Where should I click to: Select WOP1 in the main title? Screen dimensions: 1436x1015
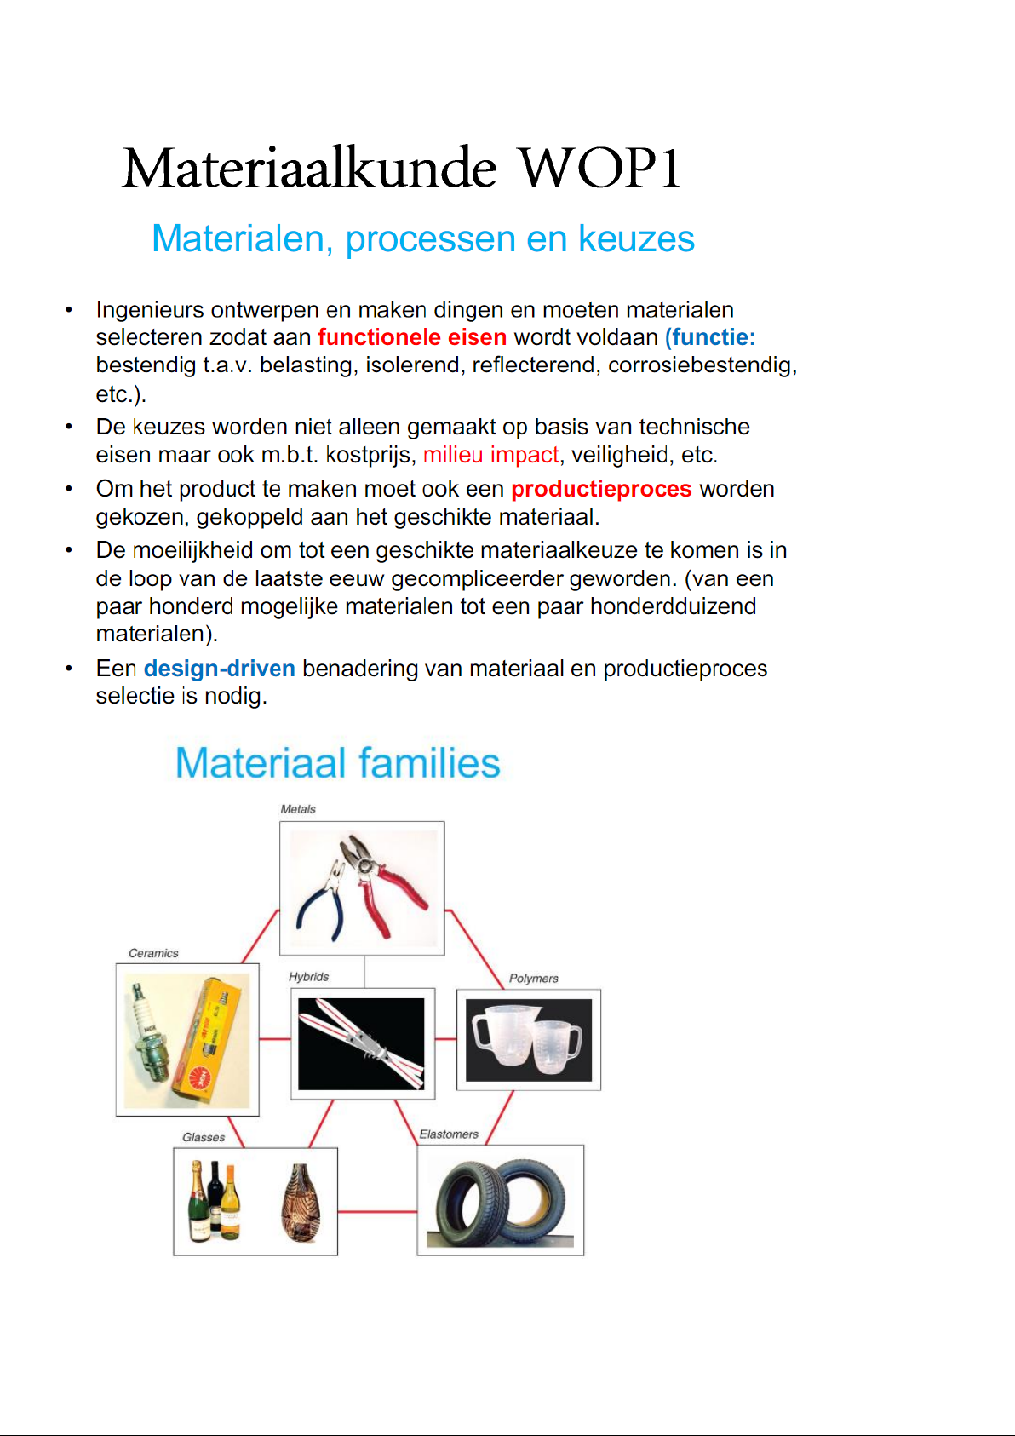tap(599, 168)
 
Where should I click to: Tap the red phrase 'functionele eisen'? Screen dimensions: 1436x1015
tap(412, 337)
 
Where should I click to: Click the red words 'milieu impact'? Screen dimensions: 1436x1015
tap(490, 455)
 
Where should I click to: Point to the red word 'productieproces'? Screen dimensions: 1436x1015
tap(601, 489)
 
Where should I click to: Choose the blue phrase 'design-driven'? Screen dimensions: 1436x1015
tap(220, 669)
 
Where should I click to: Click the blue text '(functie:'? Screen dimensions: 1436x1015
tap(710, 337)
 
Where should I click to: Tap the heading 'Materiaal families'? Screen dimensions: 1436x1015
tap(337, 763)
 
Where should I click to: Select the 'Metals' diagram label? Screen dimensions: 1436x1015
tap(298, 809)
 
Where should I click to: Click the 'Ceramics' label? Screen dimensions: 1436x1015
tap(153, 953)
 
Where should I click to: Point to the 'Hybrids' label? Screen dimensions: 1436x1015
tap(308, 977)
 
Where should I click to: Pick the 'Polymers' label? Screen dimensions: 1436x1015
tap(534, 979)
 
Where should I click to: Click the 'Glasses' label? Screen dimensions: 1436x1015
tap(204, 1137)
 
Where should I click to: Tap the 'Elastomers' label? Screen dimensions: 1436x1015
tap(449, 1134)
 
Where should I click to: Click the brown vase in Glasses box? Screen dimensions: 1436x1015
tap(301, 1203)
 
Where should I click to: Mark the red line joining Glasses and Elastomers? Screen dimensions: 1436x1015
tap(377, 1211)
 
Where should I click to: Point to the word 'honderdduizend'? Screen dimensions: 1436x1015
tap(673, 606)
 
